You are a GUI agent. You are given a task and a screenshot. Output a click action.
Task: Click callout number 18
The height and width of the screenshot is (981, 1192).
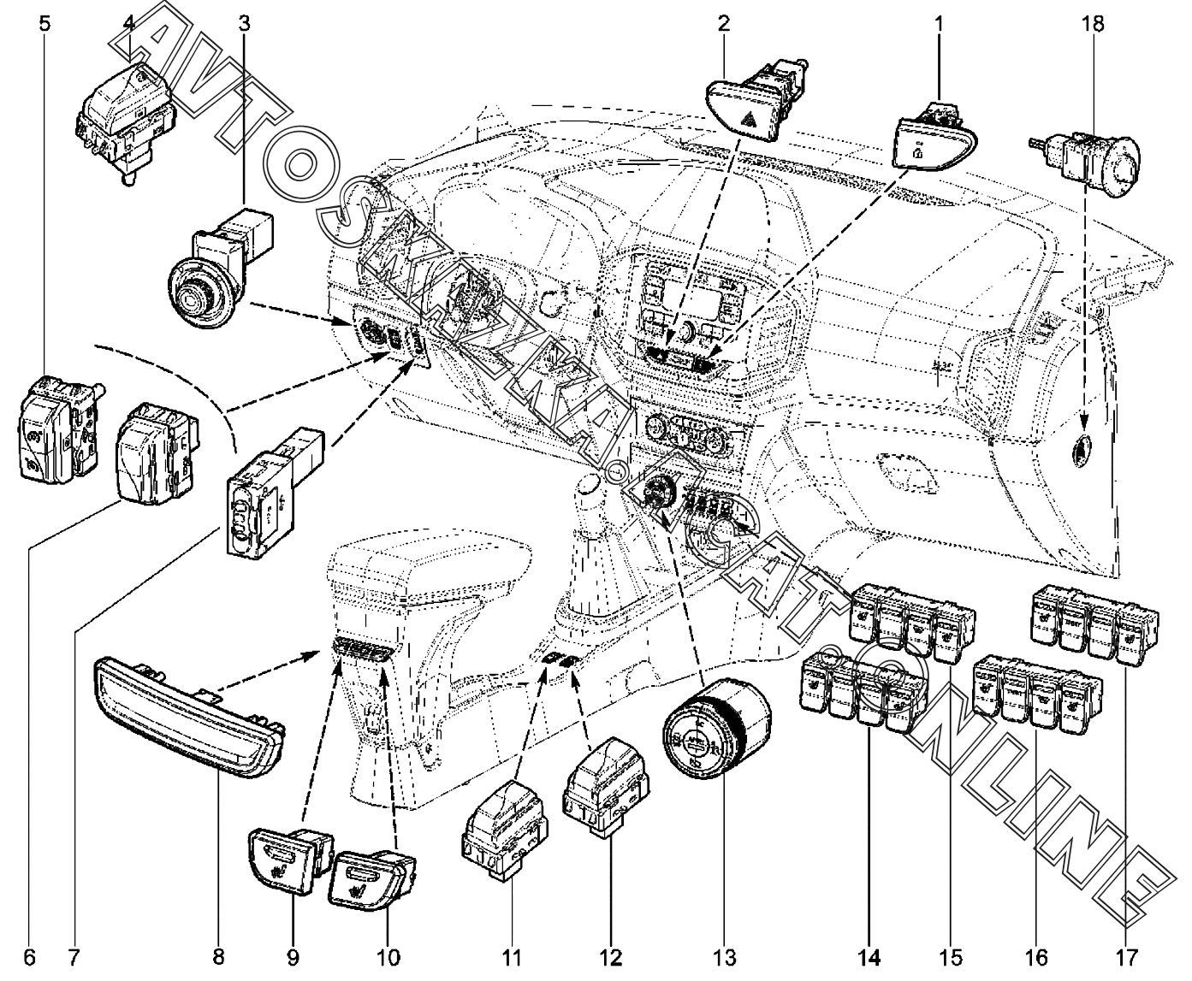pyautogui.click(x=1093, y=23)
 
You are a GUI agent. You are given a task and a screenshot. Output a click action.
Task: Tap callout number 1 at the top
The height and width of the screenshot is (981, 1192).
pyautogui.click(x=939, y=23)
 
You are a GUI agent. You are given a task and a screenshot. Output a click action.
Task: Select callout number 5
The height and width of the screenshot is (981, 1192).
pyautogui.click(x=44, y=23)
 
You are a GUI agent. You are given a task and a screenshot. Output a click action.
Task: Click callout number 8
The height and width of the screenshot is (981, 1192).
pyautogui.click(x=219, y=955)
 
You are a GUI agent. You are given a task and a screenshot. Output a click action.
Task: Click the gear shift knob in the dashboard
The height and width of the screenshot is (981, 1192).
pyautogui.click(x=590, y=485)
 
